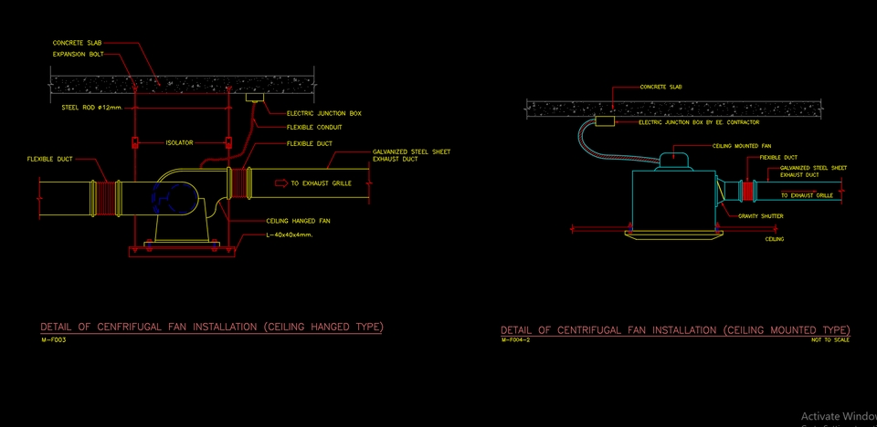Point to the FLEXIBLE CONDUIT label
(314, 127)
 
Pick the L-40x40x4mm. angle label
(290, 235)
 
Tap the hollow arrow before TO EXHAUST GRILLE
(280, 183)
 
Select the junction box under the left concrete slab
(255, 96)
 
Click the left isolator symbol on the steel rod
(135, 142)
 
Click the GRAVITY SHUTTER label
(760, 216)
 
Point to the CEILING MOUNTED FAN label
(741, 145)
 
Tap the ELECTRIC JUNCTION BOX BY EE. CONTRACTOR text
(699, 121)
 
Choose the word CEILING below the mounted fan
(774, 239)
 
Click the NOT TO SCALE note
(829, 339)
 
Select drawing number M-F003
(53, 339)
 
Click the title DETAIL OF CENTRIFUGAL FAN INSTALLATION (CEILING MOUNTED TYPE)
(674, 329)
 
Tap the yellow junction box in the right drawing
(603, 120)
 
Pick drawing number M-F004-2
(516, 339)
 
